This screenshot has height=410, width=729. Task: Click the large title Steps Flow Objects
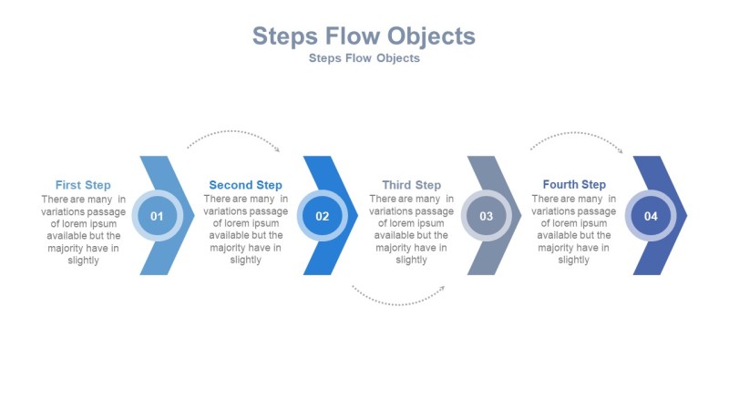tap(364, 36)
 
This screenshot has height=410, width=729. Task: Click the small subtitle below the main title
tap(364, 58)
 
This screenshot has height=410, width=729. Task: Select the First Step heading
tap(83, 185)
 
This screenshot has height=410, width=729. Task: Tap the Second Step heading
tap(245, 185)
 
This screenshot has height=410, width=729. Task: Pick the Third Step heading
tap(411, 185)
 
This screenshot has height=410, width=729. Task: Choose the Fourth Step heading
tap(574, 185)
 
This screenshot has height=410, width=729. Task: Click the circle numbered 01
tap(157, 216)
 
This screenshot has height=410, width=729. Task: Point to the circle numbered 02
tap(323, 216)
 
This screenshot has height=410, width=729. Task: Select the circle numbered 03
tap(487, 216)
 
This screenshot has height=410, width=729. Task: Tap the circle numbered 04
tap(651, 216)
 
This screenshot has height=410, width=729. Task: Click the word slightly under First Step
tap(83, 260)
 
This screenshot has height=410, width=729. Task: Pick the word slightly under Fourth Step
tap(574, 260)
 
